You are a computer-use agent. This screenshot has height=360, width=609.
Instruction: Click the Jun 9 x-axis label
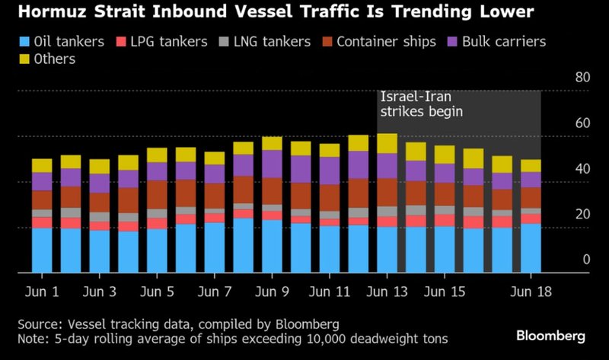[x=271, y=292]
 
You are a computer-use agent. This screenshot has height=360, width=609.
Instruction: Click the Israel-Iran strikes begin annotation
[x=422, y=104]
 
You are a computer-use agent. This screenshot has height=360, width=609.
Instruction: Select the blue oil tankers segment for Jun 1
[x=42, y=250]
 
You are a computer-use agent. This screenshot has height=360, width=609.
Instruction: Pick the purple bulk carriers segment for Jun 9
[x=272, y=164]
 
